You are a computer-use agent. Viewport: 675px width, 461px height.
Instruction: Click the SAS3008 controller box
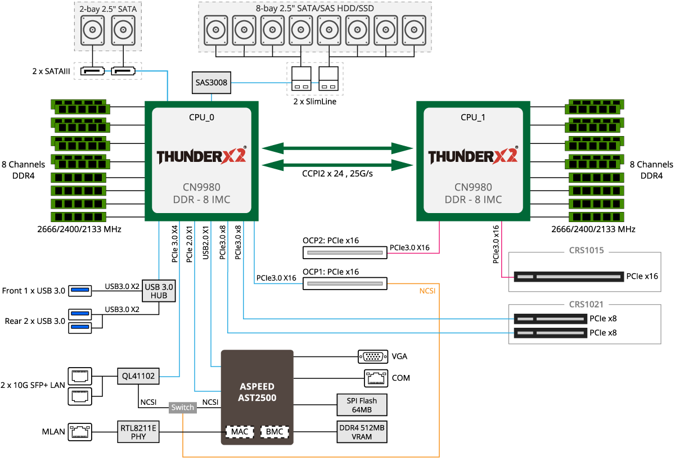pos(211,83)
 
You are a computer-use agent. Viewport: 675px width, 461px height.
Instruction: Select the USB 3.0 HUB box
pos(159,291)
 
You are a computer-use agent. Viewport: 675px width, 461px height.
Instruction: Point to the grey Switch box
pos(183,408)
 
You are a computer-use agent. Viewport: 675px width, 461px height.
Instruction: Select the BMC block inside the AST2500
pos(275,432)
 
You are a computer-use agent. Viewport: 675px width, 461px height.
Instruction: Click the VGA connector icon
pos(372,356)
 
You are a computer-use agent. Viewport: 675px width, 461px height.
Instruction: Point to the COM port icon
pos(372,378)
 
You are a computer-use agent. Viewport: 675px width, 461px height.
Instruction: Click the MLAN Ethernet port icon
pos(79,432)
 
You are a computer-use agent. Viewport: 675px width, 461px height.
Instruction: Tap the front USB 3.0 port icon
pos(80,290)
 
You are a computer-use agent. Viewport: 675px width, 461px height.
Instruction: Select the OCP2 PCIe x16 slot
pos(345,252)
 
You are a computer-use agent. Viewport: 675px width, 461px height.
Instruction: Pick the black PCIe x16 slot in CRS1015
pos(568,277)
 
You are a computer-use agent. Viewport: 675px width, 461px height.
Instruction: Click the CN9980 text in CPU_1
pos(473,187)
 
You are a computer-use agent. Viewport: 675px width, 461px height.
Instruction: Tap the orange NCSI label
pos(427,292)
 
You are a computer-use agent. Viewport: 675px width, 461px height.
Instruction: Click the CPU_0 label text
pos(201,117)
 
